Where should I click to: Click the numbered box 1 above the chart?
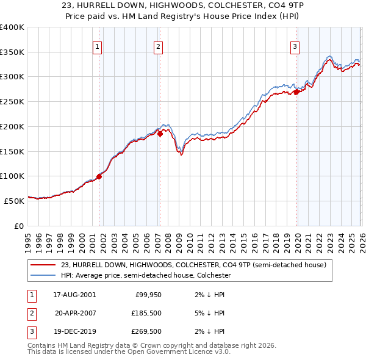98,46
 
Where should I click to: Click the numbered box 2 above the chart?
158,46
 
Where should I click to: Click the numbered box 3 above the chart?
295,46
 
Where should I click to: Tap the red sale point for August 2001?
99,176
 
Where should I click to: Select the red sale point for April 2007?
160,134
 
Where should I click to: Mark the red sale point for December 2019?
296,92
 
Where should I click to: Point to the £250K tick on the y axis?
12,102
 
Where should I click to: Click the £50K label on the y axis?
14,201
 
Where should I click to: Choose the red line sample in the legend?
44,265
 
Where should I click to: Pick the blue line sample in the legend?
44,275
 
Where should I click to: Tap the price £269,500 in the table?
146,332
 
